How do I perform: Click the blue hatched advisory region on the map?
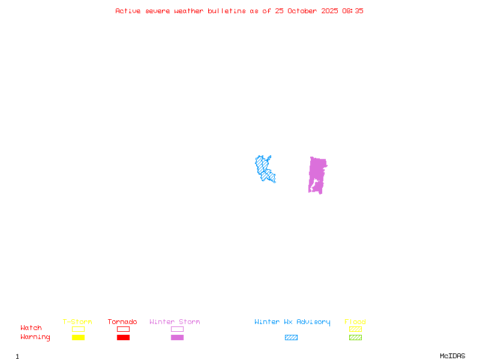tap(265, 169)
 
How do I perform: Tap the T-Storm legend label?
tap(77, 322)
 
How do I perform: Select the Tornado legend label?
tap(122, 322)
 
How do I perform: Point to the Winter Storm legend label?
tap(175, 322)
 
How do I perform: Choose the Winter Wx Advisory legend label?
tap(292, 322)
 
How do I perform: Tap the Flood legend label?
tap(355, 322)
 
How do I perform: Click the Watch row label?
tap(31, 328)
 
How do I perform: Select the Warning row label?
tap(35, 337)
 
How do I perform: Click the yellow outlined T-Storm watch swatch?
tap(78, 329)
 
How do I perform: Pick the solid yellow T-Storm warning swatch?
tap(78, 337)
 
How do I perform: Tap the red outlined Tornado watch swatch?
tap(123, 329)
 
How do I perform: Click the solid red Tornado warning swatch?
tap(123, 337)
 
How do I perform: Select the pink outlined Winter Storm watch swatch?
tap(177, 329)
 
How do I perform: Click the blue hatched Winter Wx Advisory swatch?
tap(291, 337)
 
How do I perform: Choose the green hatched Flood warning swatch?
tap(355, 337)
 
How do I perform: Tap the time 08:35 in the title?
tap(353, 11)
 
